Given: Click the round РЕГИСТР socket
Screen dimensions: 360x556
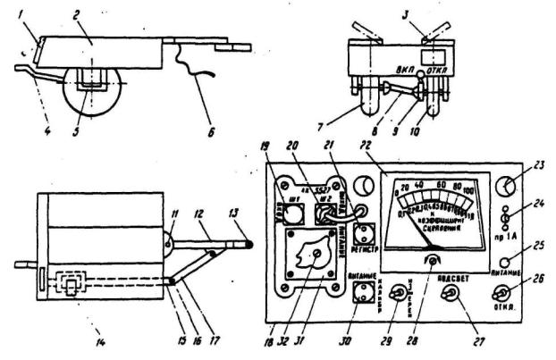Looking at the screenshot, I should coord(365,234).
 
